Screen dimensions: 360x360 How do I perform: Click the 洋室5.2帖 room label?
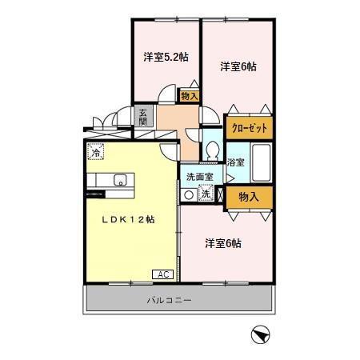pos(166,57)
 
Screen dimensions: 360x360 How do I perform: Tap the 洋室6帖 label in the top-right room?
pos(238,67)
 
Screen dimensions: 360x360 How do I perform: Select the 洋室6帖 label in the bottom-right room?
pos(222,242)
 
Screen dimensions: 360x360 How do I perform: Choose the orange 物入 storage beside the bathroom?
pos(249,196)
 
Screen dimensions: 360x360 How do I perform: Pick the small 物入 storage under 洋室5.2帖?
pos(190,96)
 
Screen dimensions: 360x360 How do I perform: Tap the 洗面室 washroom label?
pos(199,177)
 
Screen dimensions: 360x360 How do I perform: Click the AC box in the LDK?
pos(162,274)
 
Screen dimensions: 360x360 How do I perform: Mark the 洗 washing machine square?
pos(205,194)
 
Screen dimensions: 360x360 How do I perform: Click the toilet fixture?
pos(213,150)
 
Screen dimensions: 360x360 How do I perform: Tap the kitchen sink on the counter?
pos(120,179)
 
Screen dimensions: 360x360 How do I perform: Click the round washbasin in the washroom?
pos(189,194)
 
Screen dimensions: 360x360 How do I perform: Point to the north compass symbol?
pos(258,334)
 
